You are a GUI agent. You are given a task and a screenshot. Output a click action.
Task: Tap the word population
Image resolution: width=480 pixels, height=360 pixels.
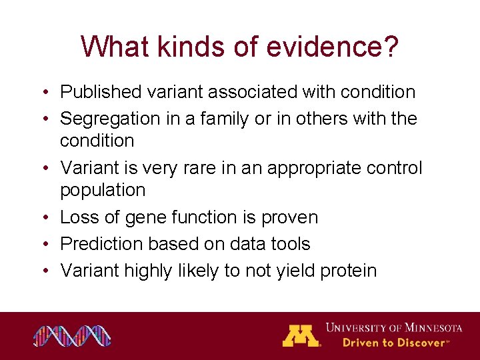click(x=102, y=191)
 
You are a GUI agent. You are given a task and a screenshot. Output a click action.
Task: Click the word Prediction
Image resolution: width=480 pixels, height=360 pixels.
click(x=101, y=244)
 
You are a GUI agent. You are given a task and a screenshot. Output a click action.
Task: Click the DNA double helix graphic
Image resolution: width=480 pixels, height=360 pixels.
click(x=72, y=336)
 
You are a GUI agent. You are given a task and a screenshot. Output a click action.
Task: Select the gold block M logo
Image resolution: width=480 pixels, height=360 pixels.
click(x=301, y=335)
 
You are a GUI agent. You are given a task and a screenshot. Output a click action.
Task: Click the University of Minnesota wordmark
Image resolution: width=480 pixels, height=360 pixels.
click(x=393, y=327)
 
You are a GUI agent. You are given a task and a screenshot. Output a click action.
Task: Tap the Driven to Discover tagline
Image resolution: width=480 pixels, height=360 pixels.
click(x=396, y=343)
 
